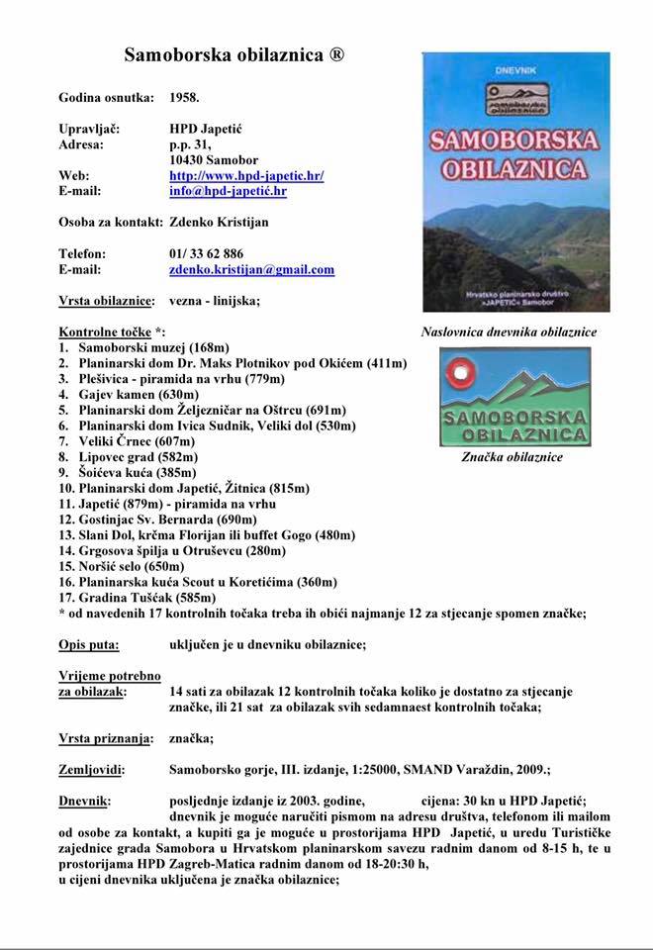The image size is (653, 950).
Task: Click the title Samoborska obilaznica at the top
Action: [233, 56]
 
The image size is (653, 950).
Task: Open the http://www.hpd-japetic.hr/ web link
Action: [246, 175]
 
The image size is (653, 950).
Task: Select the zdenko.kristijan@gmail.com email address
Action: [251, 269]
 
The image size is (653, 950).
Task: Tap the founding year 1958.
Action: [184, 98]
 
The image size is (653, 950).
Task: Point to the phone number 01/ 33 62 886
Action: [206, 253]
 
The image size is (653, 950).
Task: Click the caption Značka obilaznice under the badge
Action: [512, 457]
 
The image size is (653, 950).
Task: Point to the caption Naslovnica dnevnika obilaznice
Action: [509, 332]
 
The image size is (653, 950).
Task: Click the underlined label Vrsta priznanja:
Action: [105, 738]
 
